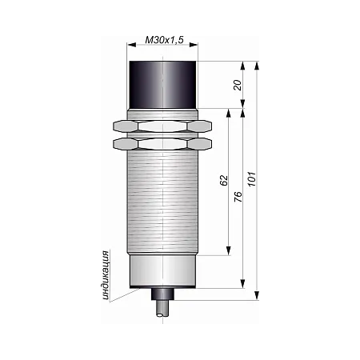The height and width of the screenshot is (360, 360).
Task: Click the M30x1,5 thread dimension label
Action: (x=164, y=40)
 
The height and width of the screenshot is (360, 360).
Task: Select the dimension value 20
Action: (x=238, y=85)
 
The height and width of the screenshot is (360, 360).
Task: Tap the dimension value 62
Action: (x=224, y=180)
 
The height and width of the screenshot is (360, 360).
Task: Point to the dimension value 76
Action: (x=238, y=197)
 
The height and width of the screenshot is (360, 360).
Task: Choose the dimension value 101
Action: (x=252, y=179)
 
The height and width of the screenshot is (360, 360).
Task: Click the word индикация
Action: (x=106, y=275)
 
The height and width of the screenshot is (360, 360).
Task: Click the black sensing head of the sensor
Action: (x=163, y=85)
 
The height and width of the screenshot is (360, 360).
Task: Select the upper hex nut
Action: (x=162, y=126)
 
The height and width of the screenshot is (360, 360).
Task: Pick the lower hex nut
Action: (x=162, y=144)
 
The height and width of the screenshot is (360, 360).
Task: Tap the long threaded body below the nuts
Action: (x=162, y=202)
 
